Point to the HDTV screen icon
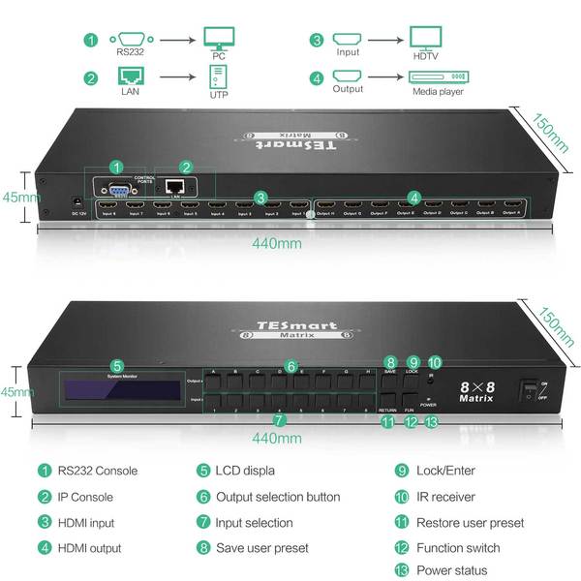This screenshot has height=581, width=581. (x=426, y=40)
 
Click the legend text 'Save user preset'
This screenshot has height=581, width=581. (x=264, y=548)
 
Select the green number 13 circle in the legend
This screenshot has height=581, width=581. (x=402, y=569)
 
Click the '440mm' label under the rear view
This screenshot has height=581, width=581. (x=276, y=243)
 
